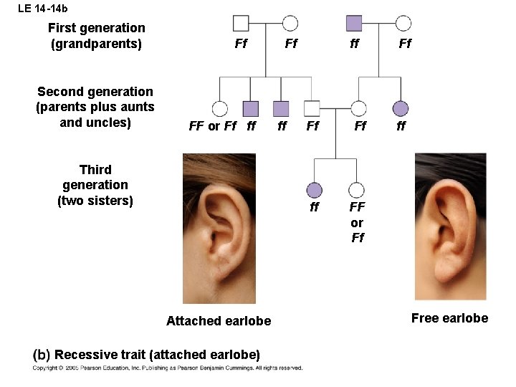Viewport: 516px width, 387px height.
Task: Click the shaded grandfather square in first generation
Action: coord(354,24)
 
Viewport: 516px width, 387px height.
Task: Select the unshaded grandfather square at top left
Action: coord(241,24)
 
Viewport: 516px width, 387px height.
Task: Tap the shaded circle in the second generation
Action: coord(401,108)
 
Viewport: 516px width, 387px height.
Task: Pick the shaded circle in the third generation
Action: coord(314,190)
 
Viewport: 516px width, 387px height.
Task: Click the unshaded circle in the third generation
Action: coord(356,190)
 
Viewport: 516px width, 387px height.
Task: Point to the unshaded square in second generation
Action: coord(312,108)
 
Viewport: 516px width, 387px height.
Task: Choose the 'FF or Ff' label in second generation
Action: coord(212,127)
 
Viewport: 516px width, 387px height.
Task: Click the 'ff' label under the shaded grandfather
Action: coord(354,44)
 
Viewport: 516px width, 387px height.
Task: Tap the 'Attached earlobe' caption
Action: coord(219,321)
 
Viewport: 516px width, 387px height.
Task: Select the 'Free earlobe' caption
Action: coord(449,318)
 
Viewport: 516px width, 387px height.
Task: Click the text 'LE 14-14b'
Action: coord(43,9)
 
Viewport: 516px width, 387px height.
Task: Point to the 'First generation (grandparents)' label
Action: coord(96,36)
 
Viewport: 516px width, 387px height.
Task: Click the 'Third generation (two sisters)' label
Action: coord(95,185)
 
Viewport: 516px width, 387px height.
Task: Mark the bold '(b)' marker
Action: coord(42,355)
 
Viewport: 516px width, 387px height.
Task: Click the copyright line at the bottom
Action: coord(167,368)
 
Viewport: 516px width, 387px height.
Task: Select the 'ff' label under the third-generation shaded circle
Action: coord(314,208)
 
